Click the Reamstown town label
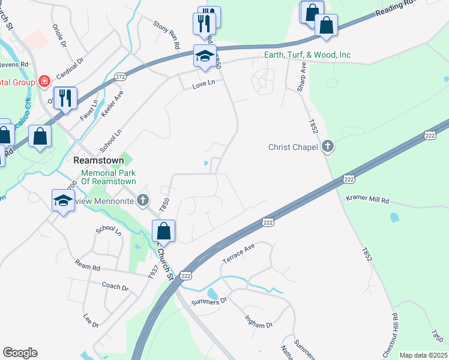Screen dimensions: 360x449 98,161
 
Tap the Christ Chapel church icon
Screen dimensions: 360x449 328,146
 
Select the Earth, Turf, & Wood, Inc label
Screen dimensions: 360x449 307,55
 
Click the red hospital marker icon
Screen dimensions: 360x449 44,82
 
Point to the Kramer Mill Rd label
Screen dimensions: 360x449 368,199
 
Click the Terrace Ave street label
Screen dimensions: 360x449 239,252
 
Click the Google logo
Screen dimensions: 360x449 20,353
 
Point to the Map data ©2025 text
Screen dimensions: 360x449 423,355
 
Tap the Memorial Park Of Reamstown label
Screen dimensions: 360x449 109,177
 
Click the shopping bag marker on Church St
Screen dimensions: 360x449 163,230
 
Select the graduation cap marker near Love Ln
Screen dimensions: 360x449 204,56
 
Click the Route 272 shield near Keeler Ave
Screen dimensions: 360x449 120,77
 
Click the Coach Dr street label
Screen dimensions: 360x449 115,287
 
